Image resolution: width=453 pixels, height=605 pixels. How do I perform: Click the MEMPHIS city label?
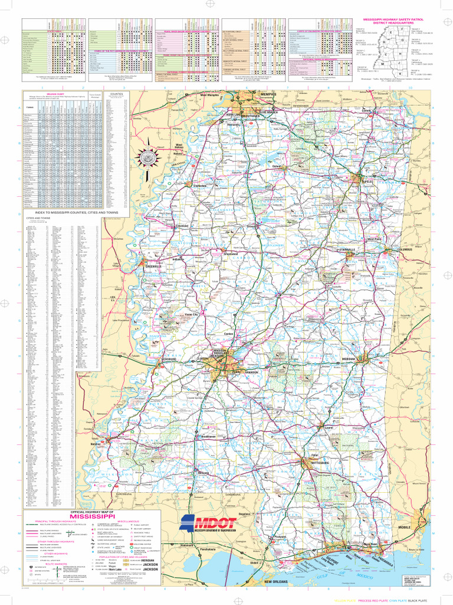pos(269,94)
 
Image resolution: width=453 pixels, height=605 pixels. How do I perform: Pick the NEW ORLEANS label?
pos(275,582)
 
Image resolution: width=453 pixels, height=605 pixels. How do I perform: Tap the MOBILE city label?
pos(405,527)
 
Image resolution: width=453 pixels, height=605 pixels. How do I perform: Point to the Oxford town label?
pos(276,167)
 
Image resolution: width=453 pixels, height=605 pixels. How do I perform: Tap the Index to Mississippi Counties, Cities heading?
pos(77,212)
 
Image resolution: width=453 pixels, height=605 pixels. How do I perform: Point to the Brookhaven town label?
pos(208,436)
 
